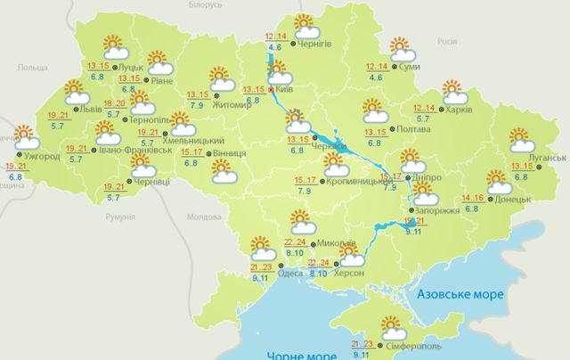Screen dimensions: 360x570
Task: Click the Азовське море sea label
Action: coord(462,293)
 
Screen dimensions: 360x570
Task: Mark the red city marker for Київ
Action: coord(272,89)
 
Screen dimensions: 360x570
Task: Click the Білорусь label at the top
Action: coord(204,4)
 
